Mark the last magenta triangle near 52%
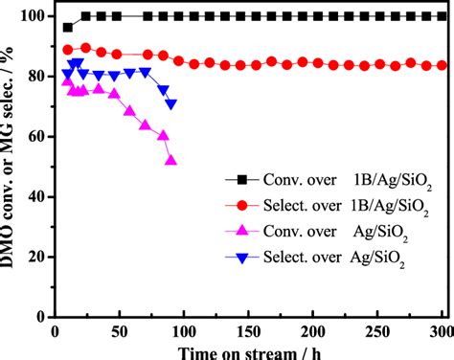coord(170,160)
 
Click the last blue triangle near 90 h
coord(170,103)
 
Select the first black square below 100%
coord(67,28)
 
